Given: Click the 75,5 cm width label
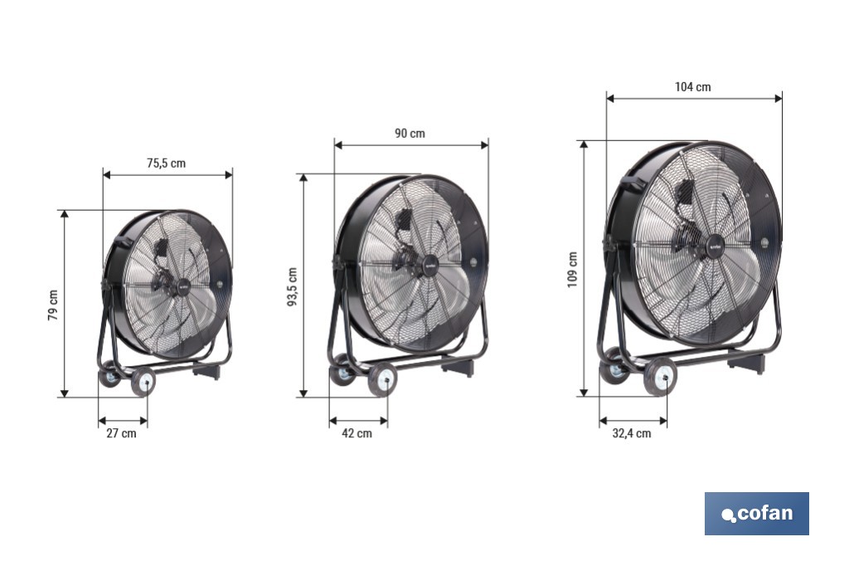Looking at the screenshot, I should click(166, 163).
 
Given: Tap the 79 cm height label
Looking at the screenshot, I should click(53, 305).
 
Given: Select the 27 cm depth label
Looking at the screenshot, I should click(123, 433).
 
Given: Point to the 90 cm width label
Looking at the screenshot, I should click(410, 134).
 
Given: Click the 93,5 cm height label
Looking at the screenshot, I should click(292, 286).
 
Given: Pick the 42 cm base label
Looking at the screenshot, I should click(357, 433).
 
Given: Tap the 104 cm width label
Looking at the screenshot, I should click(692, 87).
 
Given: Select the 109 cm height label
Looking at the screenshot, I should click(573, 270).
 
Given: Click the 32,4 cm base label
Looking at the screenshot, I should click(632, 433).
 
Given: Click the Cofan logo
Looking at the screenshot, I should click(756, 514).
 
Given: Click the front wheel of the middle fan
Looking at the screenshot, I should click(382, 378).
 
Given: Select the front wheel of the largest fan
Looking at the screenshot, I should click(660, 377).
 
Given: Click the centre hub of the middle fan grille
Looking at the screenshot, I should click(430, 265).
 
